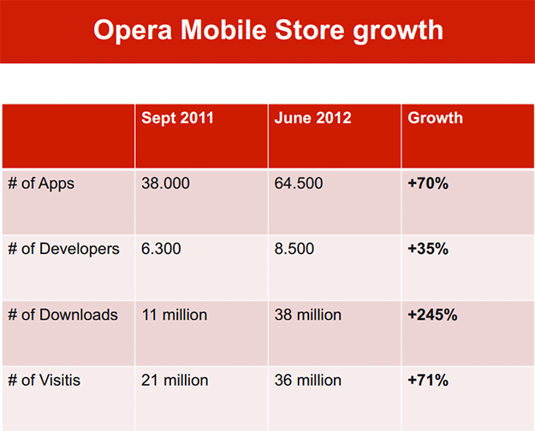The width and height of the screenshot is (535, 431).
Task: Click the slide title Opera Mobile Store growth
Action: tap(267, 30)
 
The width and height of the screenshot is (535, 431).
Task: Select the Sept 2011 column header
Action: tap(177, 118)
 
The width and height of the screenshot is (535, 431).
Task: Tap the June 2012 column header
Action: tap(312, 118)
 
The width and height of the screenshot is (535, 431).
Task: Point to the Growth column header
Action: tap(435, 118)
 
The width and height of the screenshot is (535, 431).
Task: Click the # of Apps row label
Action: tap(41, 184)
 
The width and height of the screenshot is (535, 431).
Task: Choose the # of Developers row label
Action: tap(63, 250)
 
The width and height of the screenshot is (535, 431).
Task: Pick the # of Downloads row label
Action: tap(62, 315)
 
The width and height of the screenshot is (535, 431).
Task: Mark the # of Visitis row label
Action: tap(45, 380)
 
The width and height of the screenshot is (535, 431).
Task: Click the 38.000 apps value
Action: tap(165, 184)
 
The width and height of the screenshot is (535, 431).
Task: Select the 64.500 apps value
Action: tap(299, 184)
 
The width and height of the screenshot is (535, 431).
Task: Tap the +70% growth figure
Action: tap(428, 184)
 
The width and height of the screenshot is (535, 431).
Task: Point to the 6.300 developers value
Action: tap(161, 250)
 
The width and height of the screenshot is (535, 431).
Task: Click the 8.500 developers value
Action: tap(294, 250)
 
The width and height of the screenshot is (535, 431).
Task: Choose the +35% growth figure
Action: tap(428, 250)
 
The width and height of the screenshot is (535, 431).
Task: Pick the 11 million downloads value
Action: tap(175, 315)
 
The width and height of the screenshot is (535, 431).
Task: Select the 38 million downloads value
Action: tap(308, 315)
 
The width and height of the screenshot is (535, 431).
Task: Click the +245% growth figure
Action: tap(432, 315)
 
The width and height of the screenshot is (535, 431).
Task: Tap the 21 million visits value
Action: tap(175, 380)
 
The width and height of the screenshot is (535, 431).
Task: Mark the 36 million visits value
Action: tap(308, 380)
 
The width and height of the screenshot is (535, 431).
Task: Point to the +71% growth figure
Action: tap(428, 380)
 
